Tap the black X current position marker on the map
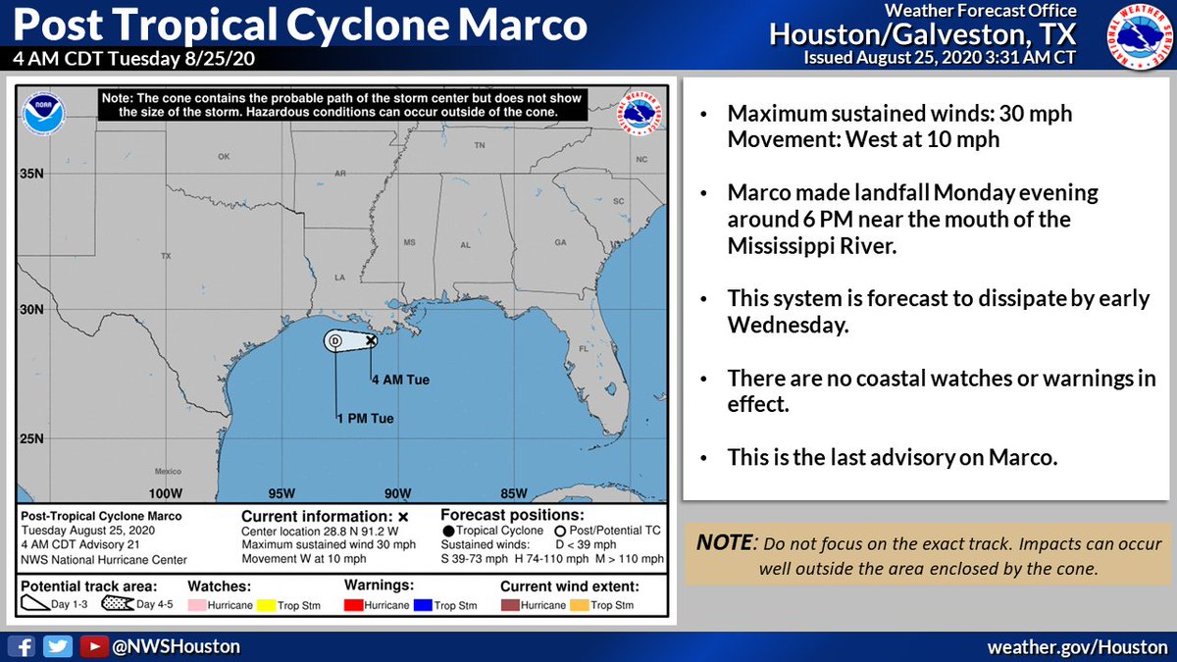click(371, 340)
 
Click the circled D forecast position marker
click(335, 340)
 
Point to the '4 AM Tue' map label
click(400, 380)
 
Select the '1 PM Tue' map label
click(365, 419)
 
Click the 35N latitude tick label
click(31, 175)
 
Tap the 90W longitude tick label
click(396, 492)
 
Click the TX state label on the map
click(166, 255)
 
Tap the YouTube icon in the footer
click(93, 646)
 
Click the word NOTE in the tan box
click(724, 542)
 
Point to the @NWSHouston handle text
click(178, 646)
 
